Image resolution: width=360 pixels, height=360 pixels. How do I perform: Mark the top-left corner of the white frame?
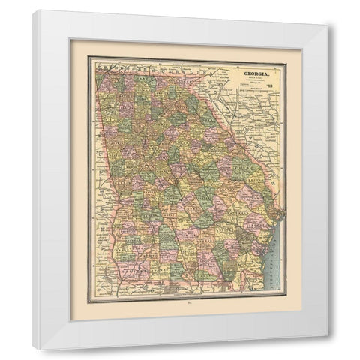click(x=34, y=10)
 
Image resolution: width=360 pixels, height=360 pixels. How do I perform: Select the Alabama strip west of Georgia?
click(x=97, y=187)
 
